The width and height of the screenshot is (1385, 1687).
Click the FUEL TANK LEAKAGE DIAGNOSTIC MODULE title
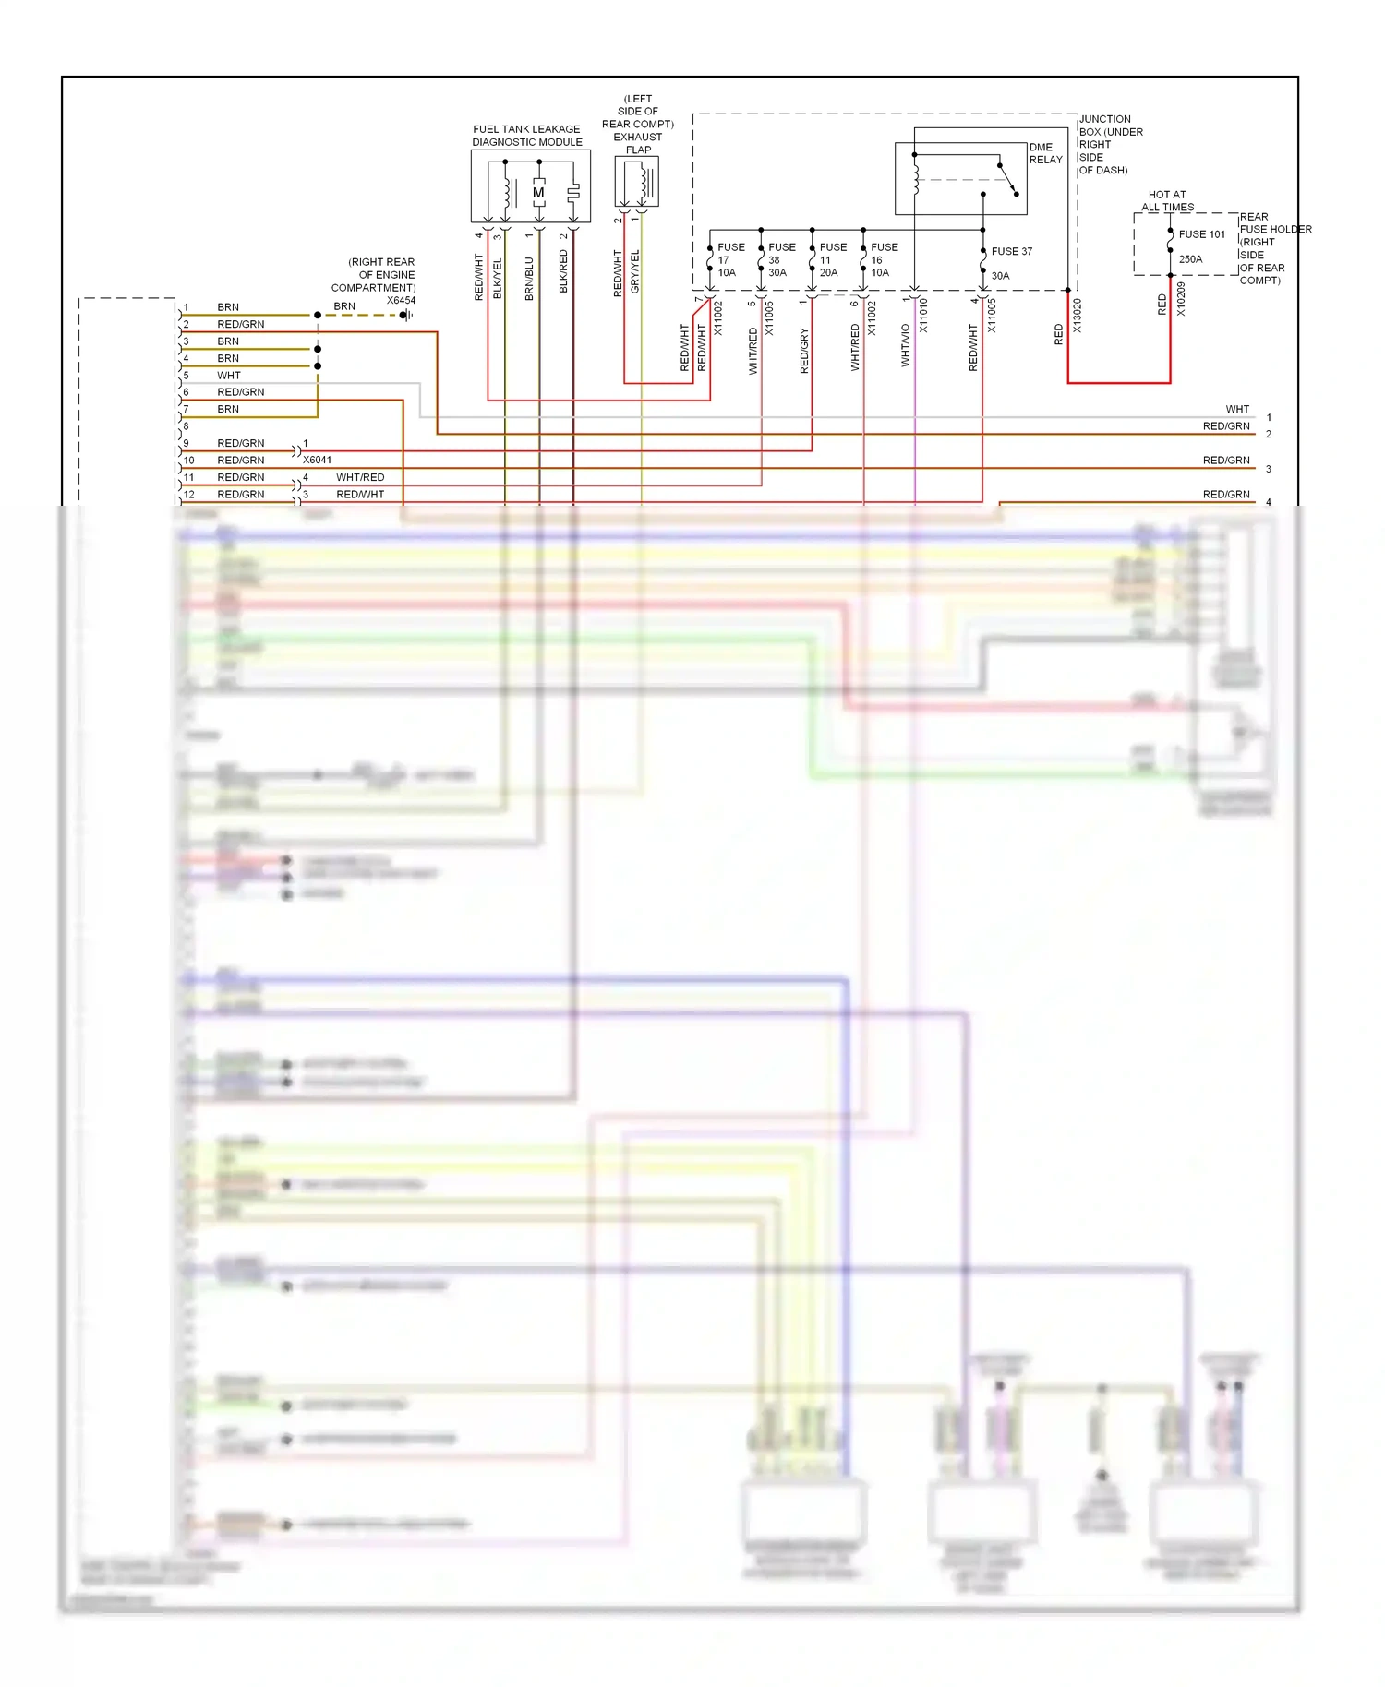pyautogui.click(x=527, y=136)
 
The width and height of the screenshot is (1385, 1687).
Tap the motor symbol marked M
pyautogui.click(x=538, y=193)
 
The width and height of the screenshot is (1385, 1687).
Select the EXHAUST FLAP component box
pyautogui.click(x=637, y=182)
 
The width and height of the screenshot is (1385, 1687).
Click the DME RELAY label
pyautogui.click(x=1045, y=153)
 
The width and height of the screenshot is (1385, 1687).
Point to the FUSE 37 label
pyautogui.click(x=1011, y=251)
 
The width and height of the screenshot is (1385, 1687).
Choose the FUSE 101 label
pyautogui.click(x=1201, y=234)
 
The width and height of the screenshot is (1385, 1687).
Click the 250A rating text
pyautogui.click(x=1190, y=259)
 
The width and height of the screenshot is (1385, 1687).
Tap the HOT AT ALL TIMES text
pyautogui.click(x=1167, y=201)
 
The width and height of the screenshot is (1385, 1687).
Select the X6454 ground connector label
pyautogui.click(x=401, y=300)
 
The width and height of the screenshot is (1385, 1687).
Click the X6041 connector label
pyautogui.click(x=317, y=460)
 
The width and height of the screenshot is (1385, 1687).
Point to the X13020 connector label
pyautogui.click(x=1077, y=316)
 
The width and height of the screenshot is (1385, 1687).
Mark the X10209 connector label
pyautogui.click(x=1181, y=299)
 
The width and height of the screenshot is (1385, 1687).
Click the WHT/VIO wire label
pyautogui.click(x=906, y=345)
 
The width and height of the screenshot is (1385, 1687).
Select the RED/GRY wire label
pyautogui.click(x=803, y=350)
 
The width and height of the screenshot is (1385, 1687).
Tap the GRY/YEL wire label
pyautogui.click(x=634, y=272)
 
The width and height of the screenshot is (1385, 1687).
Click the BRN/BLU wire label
pyautogui.click(x=529, y=278)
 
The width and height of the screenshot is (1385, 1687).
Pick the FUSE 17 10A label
pyautogui.click(x=730, y=260)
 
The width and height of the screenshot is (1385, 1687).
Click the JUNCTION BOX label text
pyautogui.click(x=1110, y=144)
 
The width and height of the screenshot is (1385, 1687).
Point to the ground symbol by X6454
pyautogui.click(x=405, y=315)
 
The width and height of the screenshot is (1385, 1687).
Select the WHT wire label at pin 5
pyautogui.click(x=228, y=376)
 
